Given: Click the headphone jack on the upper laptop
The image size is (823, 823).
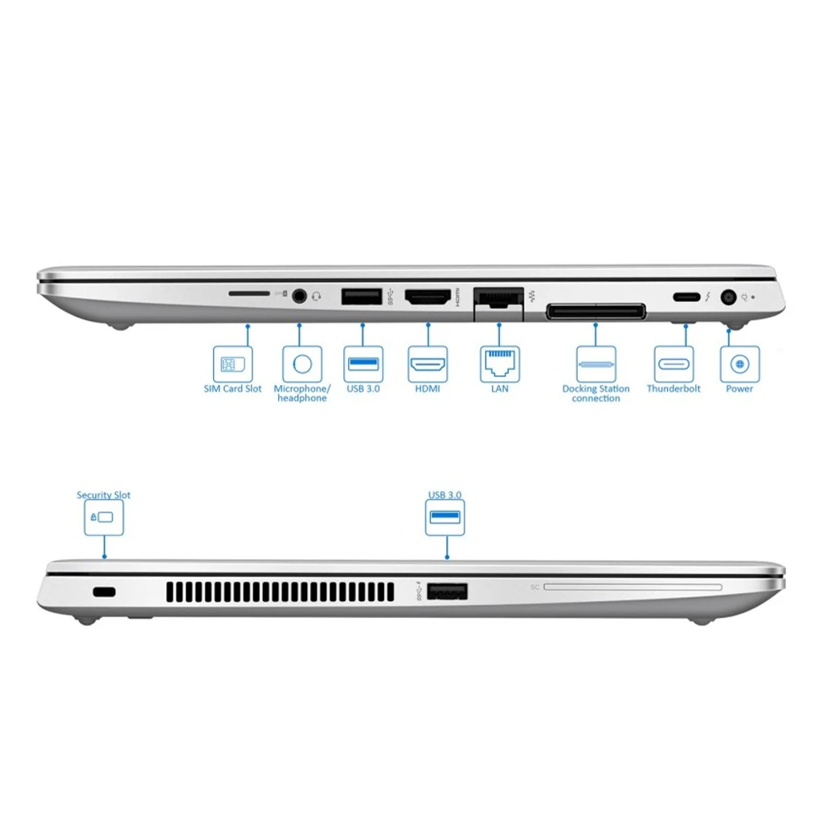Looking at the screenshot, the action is (x=299, y=296).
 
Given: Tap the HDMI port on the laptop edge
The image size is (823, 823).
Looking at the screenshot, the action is (x=428, y=297).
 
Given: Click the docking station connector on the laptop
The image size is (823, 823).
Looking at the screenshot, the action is (x=596, y=311).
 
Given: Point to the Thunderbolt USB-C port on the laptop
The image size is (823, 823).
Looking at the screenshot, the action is (x=686, y=297).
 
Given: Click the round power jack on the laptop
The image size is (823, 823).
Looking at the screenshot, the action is (x=728, y=297).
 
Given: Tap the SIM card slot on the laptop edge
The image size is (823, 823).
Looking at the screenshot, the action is (x=249, y=293).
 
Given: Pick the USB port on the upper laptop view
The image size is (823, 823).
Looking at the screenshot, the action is (x=362, y=297).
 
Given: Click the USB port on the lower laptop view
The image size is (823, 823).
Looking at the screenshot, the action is (x=447, y=592).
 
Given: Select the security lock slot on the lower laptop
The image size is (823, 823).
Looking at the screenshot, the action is (x=104, y=592).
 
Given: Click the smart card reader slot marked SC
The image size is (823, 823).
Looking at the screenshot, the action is (x=633, y=587).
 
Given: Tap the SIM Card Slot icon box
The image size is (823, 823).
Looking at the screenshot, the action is (x=232, y=364).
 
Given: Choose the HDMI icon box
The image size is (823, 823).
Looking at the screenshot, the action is (x=428, y=364).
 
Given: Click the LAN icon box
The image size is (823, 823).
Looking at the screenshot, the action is (x=500, y=364).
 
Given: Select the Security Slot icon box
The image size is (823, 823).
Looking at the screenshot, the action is (x=104, y=518).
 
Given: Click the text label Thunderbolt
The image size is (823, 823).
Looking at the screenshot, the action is (x=674, y=389).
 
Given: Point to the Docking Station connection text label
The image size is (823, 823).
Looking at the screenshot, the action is (x=596, y=393).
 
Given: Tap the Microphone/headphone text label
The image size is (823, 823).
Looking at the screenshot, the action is (x=302, y=393).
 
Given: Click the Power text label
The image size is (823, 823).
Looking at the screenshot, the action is (x=739, y=389).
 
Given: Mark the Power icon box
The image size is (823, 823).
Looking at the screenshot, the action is (x=739, y=364).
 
